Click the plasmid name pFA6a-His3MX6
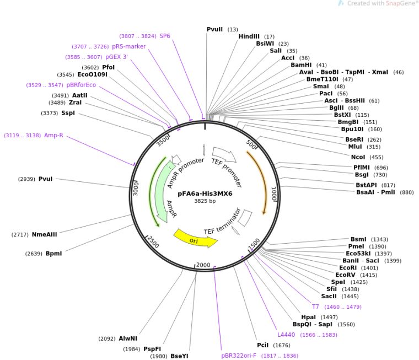(205, 194)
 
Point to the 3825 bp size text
(205, 201)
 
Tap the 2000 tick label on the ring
(203, 265)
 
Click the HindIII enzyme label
(249, 36)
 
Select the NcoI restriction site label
(358, 157)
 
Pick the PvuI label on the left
(45, 179)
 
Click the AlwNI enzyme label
(128, 338)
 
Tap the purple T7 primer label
(315, 307)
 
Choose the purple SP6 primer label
(165, 36)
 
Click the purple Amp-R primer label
(53, 135)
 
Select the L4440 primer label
(286, 335)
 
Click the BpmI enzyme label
(53, 254)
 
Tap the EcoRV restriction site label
(345, 275)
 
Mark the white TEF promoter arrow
(224, 154)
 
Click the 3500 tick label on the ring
(163, 141)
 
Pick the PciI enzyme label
(262, 345)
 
